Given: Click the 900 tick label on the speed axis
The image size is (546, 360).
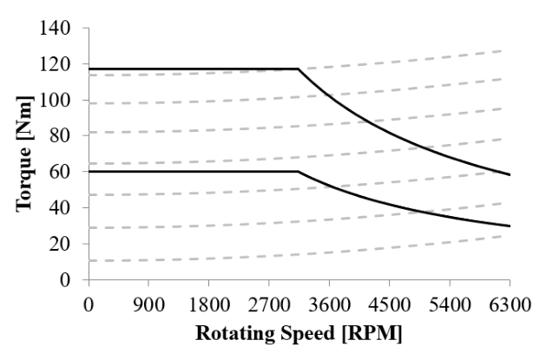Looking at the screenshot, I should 148,305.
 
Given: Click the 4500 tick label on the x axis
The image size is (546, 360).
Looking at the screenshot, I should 389,305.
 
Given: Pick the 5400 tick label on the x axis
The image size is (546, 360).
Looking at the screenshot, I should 449,305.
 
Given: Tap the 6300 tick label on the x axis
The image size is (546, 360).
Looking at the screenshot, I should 509,305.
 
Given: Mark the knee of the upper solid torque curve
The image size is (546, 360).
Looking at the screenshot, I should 299,69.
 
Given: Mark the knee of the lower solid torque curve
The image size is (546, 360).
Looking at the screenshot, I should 299,172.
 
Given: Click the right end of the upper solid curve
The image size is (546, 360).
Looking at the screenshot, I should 510,175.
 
